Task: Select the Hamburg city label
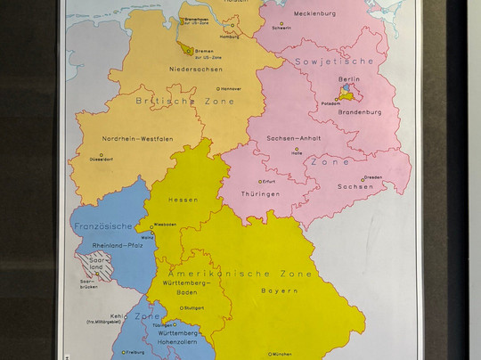[229, 37]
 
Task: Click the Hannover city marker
[219, 88]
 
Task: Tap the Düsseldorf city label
[101, 159]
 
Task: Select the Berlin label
[349, 79]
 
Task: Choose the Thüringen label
[260, 193]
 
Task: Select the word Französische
[103, 226]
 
